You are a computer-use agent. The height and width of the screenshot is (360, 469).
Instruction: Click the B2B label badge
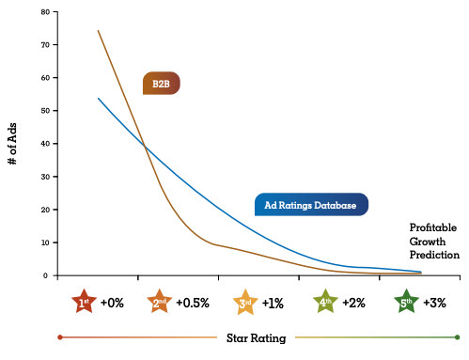tap(160, 84)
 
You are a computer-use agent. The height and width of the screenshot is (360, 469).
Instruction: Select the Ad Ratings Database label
tap(311, 204)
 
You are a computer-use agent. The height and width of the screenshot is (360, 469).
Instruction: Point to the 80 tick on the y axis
tap(44, 12)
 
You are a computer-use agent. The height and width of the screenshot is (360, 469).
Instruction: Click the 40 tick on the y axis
tap(44, 144)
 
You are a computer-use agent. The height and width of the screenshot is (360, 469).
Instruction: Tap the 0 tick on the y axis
tap(45, 275)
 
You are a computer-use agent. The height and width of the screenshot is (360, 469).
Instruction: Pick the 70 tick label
tap(44, 45)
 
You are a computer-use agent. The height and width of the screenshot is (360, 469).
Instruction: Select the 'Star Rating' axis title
tap(257, 337)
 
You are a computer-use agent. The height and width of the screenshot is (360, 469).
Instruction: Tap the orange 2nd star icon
tap(160, 302)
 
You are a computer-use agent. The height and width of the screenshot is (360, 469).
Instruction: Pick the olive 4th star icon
tap(325, 302)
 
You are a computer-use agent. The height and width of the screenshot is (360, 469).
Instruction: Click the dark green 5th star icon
tap(406, 302)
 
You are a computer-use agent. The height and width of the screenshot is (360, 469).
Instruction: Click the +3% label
tap(434, 302)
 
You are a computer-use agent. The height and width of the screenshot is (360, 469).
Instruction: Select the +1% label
tap(273, 302)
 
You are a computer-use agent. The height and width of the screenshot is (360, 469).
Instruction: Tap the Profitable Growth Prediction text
tap(434, 241)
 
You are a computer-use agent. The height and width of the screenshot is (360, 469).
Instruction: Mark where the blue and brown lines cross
tap(144, 145)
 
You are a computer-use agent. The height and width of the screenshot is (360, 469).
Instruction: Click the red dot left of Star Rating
tap(60, 337)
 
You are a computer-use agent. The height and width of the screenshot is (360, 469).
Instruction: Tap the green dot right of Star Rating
tap(457, 337)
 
